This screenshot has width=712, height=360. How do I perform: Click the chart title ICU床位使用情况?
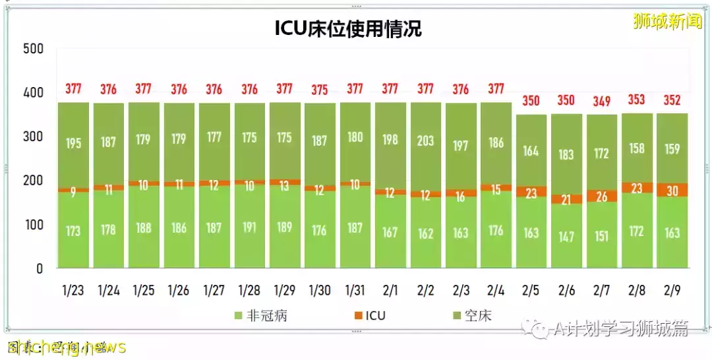pyautogui.click(x=348, y=28)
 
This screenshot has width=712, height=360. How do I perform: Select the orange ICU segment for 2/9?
pyautogui.click(x=672, y=190)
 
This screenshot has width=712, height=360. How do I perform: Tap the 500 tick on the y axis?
pyautogui.click(x=32, y=49)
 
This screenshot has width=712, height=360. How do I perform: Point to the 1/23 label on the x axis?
pyautogui.click(x=74, y=290)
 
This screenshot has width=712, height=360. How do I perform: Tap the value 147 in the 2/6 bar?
pyautogui.click(x=566, y=236)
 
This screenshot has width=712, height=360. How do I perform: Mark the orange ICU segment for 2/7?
pyautogui.click(x=601, y=196)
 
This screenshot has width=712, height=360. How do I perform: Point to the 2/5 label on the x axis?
pyautogui.click(x=531, y=290)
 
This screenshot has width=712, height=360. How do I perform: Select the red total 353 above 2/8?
pyautogui.click(x=637, y=100)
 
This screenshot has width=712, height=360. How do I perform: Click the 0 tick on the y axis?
pyautogui.click(x=39, y=268)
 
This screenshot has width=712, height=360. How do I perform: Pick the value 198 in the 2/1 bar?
pyautogui.click(x=390, y=139)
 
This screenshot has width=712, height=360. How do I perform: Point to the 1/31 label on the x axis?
pyautogui.click(x=355, y=290)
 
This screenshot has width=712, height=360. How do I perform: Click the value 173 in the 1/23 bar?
pyautogui.click(x=74, y=230)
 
